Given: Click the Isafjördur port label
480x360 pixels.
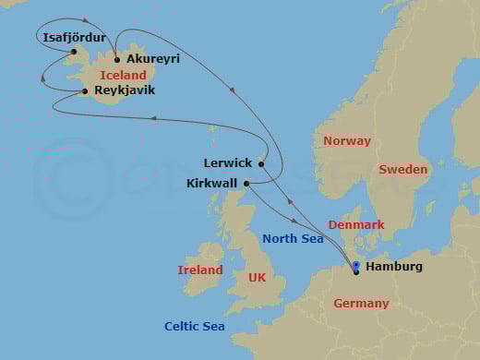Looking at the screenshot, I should click(75, 38).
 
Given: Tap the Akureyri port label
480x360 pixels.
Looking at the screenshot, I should click(152, 58).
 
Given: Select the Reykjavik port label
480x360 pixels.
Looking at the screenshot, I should click(125, 90).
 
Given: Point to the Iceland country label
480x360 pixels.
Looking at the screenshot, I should click(123, 75).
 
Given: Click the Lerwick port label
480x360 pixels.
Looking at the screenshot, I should click(228, 163).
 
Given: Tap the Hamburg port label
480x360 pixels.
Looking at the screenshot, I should click(394, 267).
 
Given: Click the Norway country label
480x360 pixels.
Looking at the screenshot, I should click(347, 141).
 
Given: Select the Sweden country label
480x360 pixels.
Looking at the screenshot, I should click(403, 170).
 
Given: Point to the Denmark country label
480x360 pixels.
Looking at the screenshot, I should click(355, 224).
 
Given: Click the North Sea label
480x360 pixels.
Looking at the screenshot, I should click(293, 239).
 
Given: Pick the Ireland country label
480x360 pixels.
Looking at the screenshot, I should click(200, 270).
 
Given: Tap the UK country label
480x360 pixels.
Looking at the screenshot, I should click(254, 277).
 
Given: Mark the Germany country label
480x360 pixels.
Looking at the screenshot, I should click(361, 304).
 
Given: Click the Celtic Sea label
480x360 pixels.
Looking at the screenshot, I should click(195, 326).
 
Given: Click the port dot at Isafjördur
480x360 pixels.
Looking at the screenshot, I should click(74, 51).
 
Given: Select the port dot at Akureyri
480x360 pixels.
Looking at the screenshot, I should click(116, 59).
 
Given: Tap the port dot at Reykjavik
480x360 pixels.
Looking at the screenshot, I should click(86, 90).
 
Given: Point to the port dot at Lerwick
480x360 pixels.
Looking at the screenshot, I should click(261, 164).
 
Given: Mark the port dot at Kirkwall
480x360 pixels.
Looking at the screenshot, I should click(246, 183).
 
